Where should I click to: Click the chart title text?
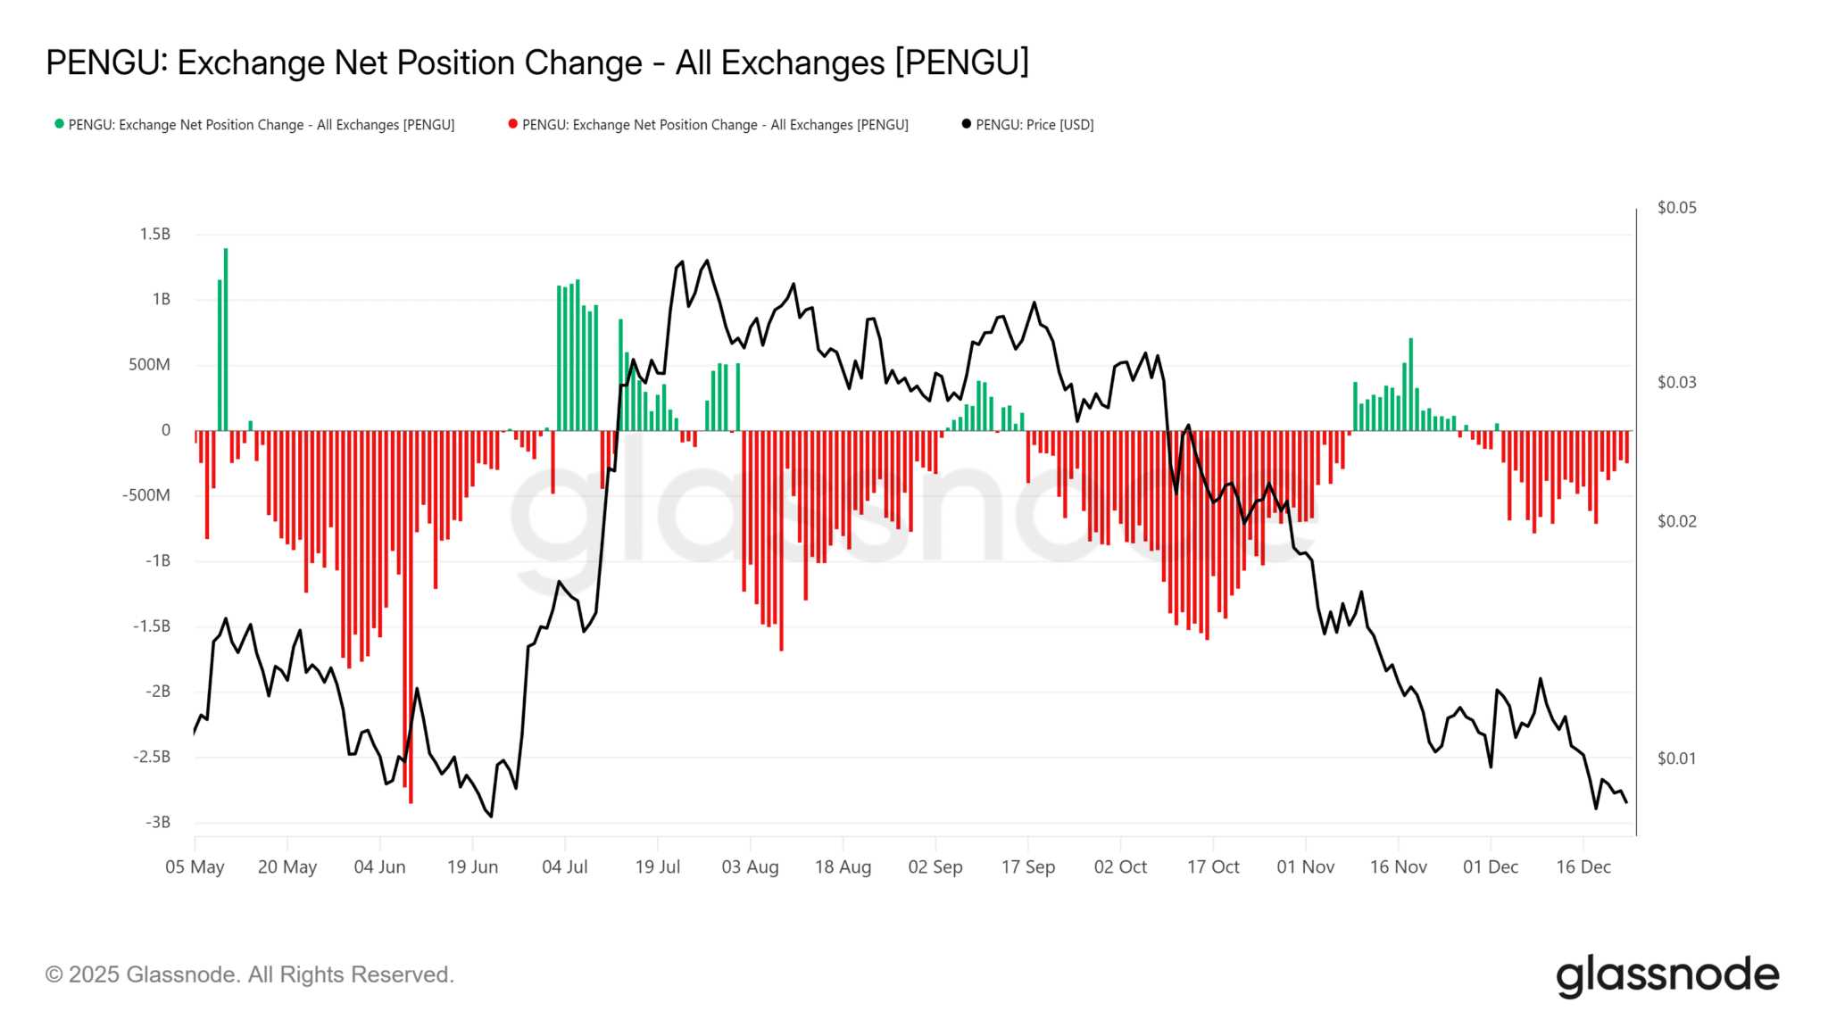537,62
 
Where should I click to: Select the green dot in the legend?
59,124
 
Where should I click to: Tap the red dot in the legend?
512,124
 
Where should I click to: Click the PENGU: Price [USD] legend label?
1034,125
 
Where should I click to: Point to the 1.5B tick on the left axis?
154,234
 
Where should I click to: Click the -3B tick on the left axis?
157,822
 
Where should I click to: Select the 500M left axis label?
149,364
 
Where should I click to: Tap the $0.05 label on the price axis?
1676,208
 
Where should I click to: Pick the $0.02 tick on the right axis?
1676,521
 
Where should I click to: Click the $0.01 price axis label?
1676,759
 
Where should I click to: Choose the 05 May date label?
195,866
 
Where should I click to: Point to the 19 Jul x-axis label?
657,866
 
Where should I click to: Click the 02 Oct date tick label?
1120,866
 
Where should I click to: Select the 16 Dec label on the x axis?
1583,866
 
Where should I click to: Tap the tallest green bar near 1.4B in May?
226,339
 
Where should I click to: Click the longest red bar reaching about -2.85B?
411,616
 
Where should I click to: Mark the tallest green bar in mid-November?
1410,384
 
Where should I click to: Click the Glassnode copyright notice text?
250,974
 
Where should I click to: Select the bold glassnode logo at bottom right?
1666,975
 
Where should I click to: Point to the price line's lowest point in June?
491,816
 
